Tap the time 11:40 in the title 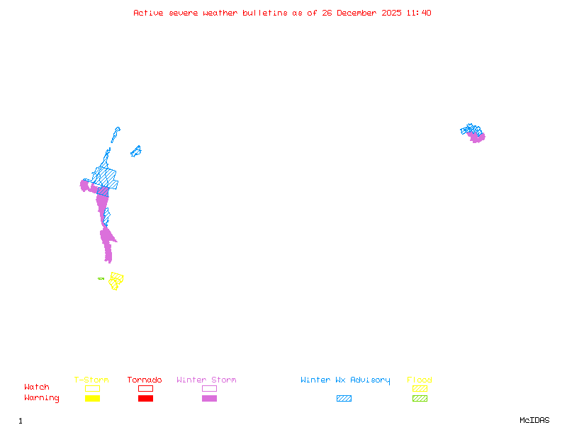pos(420,13)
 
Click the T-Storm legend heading pos(91,380)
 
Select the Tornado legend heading pos(145,380)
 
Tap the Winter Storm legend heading pos(206,380)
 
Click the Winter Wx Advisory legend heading pos(345,380)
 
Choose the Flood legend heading pos(420,380)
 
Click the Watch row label pos(37,387)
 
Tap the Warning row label pos(42,398)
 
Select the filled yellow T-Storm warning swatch pos(92,399)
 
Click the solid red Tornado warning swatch pos(145,399)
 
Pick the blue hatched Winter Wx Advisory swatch pos(344,399)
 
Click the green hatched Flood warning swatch pos(420,399)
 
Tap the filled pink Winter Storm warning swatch pos(209,399)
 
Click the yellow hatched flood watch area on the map pos(116,280)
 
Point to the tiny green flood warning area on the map pos(101,279)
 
